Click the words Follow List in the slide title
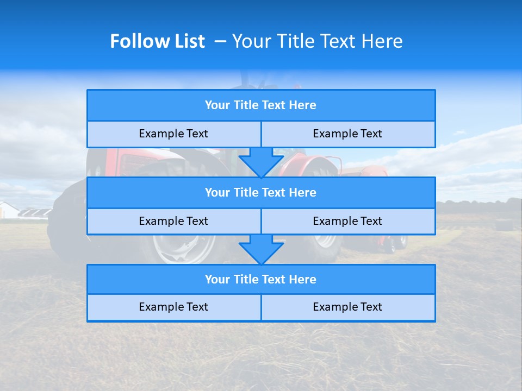point(157,41)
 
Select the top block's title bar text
point(260,105)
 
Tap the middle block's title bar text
point(260,192)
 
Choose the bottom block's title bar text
point(260,279)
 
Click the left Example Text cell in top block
point(173,134)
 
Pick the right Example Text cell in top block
point(347,134)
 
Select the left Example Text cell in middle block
point(173,221)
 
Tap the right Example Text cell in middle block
point(347,221)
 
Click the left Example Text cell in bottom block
point(173,307)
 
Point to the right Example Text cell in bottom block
point(347,307)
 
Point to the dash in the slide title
point(220,41)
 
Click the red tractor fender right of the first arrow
point(304,163)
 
